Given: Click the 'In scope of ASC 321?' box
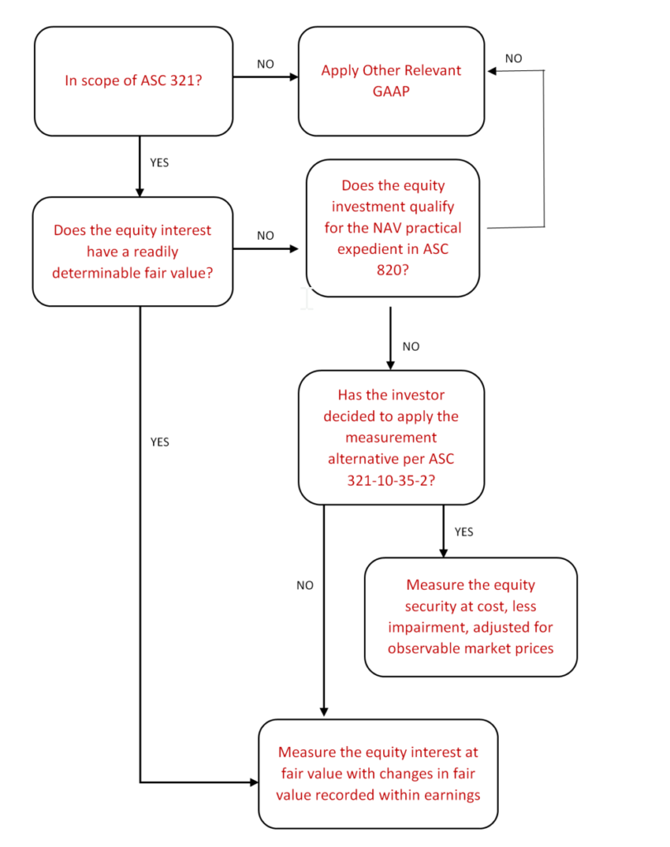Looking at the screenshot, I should pyautogui.click(x=133, y=81).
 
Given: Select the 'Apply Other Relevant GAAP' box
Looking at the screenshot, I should pyautogui.click(x=390, y=81).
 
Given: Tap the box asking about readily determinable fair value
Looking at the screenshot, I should pyautogui.click(x=132, y=251).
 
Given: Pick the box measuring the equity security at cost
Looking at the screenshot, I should pyautogui.click(x=470, y=616).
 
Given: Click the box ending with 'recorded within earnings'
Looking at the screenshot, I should pyautogui.click(x=378, y=773).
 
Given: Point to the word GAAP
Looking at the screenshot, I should pyautogui.click(x=391, y=92).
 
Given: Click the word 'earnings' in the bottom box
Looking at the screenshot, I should pyautogui.click(x=452, y=794).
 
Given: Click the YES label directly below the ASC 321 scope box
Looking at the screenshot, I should pyautogui.click(x=159, y=163).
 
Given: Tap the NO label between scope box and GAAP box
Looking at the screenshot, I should pyautogui.click(x=265, y=63).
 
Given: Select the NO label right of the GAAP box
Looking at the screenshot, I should pyautogui.click(x=514, y=59).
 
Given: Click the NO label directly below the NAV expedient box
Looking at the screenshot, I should pyautogui.click(x=410, y=347).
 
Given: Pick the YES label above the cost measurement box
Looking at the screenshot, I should pyautogui.click(x=464, y=532).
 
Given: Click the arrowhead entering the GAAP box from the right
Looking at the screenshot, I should pyautogui.click(x=492, y=72).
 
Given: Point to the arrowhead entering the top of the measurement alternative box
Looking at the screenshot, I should pyautogui.click(x=390, y=365).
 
